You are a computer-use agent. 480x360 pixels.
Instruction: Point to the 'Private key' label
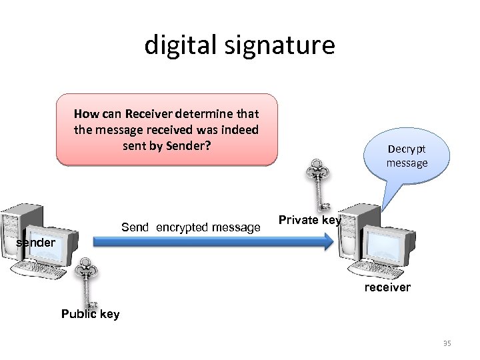[309, 219]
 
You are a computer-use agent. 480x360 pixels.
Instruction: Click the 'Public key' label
[90, 314]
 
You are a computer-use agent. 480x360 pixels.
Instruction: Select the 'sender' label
[35, 243]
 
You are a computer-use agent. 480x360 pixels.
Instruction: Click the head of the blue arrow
[327, 242]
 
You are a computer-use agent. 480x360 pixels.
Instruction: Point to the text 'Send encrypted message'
[191, 228]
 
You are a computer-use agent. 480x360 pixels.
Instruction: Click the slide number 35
[447, 343]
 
